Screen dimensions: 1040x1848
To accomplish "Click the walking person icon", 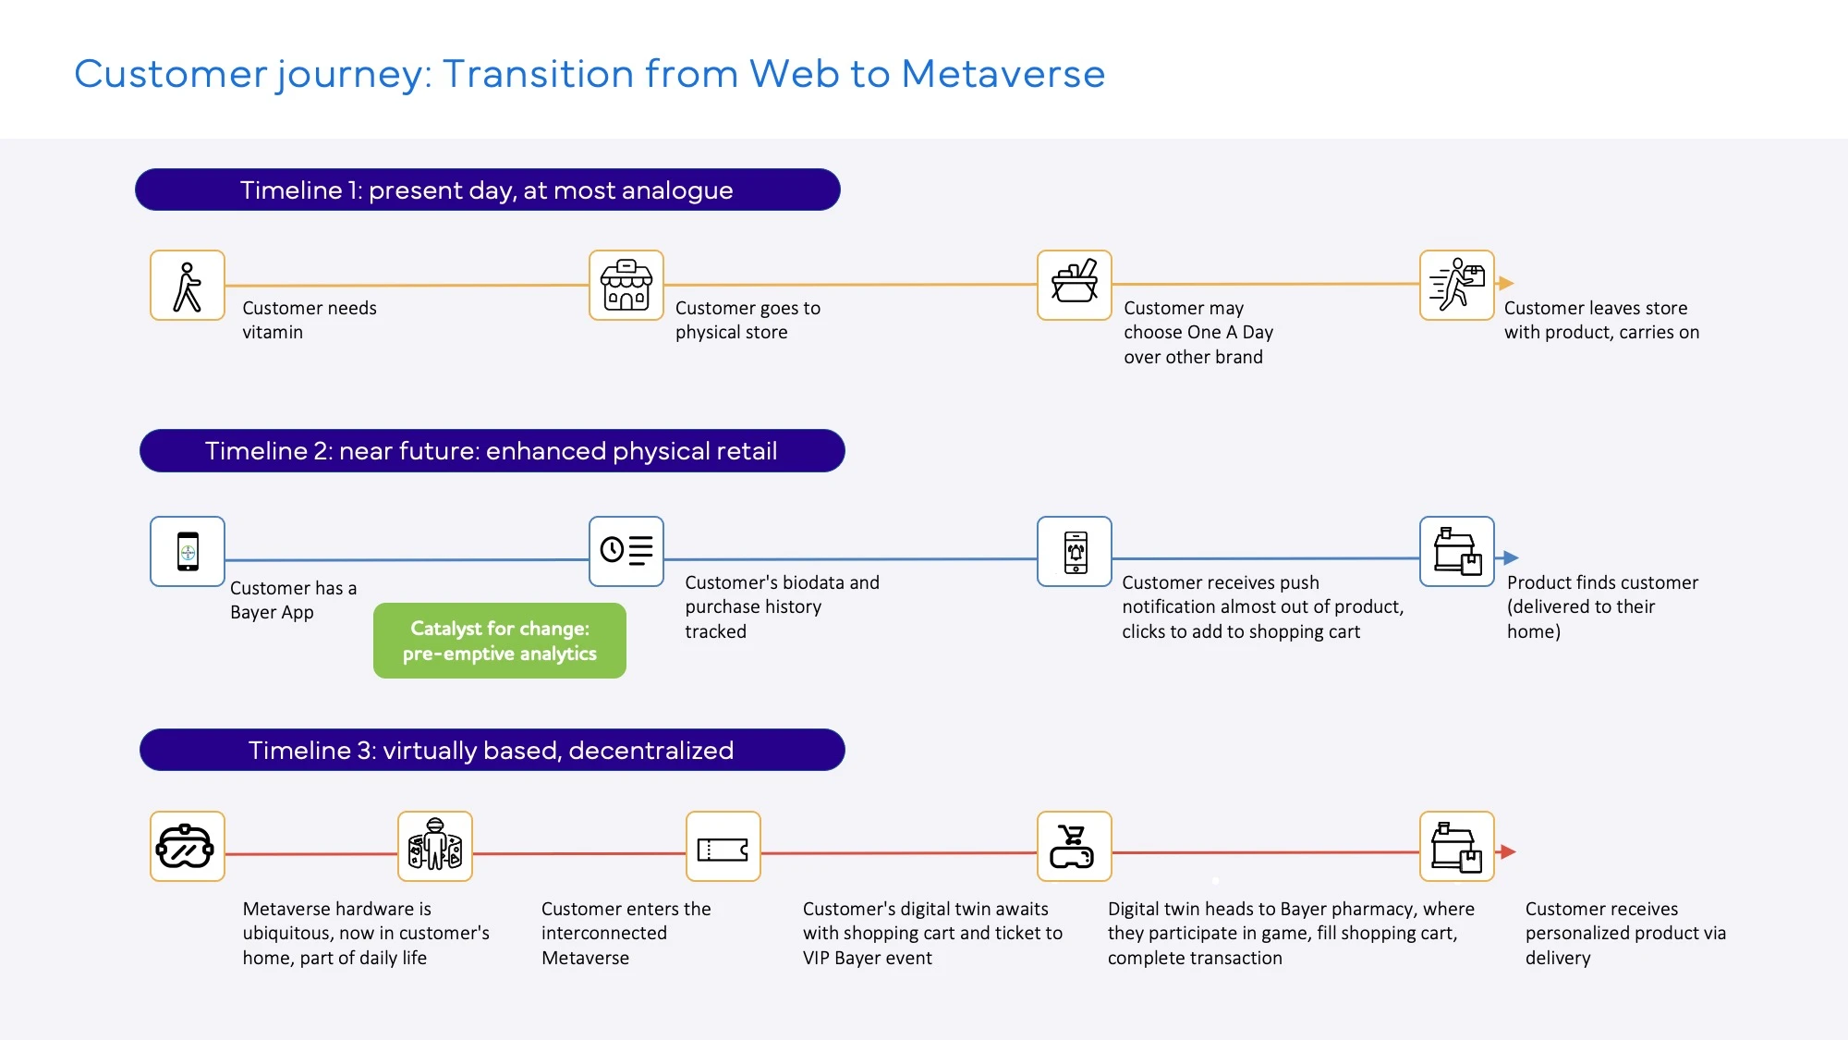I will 188,286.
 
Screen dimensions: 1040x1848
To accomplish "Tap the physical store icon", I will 626,286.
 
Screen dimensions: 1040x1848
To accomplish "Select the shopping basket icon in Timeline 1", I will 1075,286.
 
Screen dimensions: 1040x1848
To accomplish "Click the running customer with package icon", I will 1457,286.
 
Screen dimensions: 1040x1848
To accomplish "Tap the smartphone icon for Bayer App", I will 188,552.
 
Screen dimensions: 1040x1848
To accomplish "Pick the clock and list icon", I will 626,552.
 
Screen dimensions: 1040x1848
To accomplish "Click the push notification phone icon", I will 1075,552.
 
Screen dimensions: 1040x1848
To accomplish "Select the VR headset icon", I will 188,847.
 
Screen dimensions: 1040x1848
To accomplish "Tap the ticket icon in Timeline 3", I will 723,847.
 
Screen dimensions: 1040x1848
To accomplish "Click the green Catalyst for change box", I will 500,641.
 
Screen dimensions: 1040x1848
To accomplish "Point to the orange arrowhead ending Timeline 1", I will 1506,283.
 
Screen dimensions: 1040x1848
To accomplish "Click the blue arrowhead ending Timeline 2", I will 1511,557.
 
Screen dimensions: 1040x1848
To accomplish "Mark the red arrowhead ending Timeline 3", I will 1508,851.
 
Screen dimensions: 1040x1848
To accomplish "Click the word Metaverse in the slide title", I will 1003,74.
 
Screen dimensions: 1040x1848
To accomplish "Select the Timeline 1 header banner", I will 487,190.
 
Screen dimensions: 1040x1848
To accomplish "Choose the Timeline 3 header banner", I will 492,750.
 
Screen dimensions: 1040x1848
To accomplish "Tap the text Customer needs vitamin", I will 309,320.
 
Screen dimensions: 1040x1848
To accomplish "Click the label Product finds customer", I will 1602,582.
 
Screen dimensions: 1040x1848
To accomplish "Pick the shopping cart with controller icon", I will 1074,847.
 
